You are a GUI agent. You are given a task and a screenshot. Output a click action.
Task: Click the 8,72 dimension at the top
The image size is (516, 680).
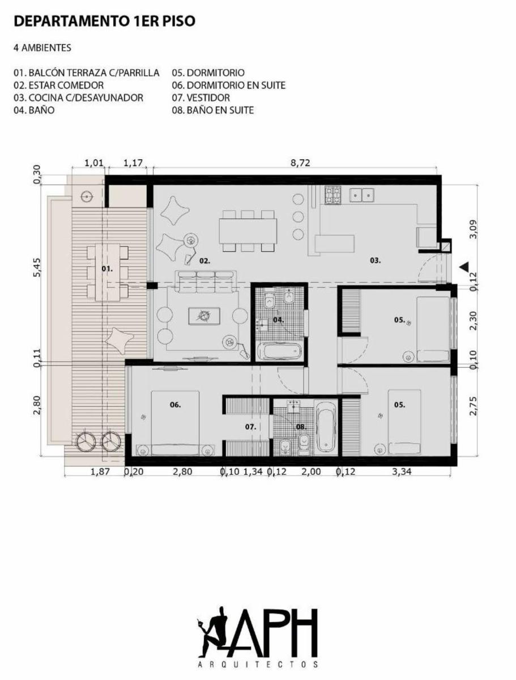(300, 163)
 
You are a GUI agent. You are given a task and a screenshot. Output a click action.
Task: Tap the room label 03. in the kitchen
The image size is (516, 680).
(375, 261)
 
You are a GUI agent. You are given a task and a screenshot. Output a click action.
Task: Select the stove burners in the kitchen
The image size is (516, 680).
(332, 195)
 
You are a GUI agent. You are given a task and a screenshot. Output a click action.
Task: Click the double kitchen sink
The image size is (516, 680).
(362, 195)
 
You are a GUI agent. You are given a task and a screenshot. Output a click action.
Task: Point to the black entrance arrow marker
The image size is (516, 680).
(463, 267)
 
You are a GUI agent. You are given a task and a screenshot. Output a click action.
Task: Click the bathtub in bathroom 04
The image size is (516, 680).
(280, 351)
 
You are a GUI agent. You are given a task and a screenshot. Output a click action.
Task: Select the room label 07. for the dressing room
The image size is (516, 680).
(250, 427)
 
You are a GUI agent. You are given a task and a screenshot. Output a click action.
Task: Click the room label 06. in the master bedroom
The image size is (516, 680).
(175, 405)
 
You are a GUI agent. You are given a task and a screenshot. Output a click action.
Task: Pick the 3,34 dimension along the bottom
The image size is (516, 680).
(402, 472)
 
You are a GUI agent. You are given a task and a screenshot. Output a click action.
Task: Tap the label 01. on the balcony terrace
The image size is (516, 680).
(107, 269)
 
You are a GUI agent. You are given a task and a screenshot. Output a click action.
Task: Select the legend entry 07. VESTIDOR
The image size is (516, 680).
(201, 97)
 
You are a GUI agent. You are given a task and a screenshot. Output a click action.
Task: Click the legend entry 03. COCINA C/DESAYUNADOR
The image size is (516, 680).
(78, 97)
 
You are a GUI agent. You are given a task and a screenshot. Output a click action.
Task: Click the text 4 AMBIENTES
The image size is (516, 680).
(42, 48)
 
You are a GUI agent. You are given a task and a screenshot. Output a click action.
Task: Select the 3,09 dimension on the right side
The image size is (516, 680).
(474, 229)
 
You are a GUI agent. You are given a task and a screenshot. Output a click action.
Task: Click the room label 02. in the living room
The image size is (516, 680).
(204, 261)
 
